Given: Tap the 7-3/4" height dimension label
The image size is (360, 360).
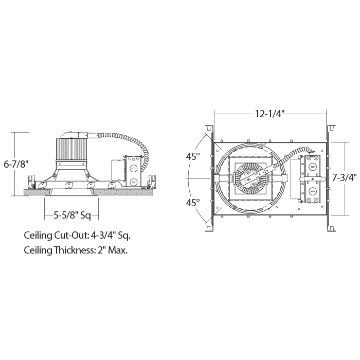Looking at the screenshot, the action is point(345,177).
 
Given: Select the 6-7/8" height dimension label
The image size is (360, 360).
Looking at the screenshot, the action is point(16,164).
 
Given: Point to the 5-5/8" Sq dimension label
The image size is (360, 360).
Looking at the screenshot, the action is point(73,215).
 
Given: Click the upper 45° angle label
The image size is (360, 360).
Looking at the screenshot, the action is point(193,156).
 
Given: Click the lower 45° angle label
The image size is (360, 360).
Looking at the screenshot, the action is point(193,203).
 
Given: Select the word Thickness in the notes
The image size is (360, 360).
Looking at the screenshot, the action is point(75,250).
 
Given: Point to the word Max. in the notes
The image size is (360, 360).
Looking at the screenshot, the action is point(118,250).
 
